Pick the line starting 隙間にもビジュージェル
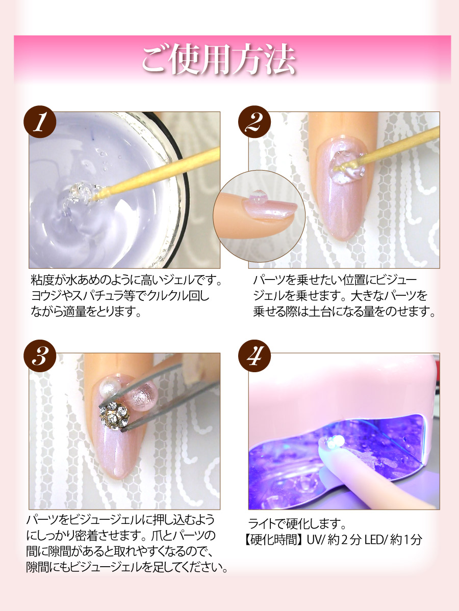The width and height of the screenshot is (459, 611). point(127,567)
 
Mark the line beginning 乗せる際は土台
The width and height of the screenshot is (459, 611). point(344,312)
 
